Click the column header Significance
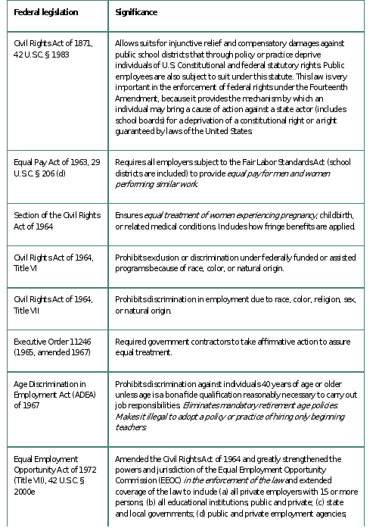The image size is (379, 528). (136, 13)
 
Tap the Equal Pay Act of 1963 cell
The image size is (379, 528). (54, 167)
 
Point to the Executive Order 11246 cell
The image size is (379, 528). (51, 346)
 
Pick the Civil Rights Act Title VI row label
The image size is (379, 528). (53, 263)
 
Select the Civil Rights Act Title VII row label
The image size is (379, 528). (53, 305)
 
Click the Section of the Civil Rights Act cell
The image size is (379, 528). (54, 220)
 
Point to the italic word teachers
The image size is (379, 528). (130, 427)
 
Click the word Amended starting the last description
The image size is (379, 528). (133, 459)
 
